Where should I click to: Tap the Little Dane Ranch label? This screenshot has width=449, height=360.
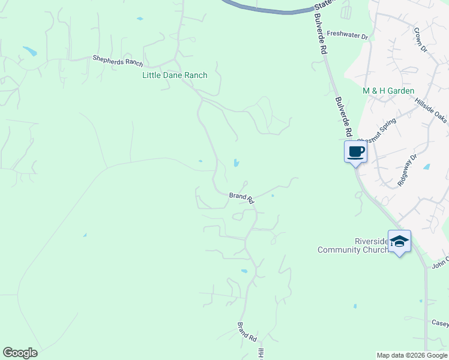point(175,75)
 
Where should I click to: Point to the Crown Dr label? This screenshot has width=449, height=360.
point(420,39)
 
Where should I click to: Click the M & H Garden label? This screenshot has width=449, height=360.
point(388,91)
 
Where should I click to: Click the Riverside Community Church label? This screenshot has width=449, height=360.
point(352,245)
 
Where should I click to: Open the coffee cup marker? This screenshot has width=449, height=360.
point(355,152)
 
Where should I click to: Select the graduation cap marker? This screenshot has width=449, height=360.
point(399,242)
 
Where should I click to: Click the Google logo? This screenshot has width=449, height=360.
point(20,352)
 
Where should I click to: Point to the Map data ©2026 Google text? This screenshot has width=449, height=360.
point(412,355)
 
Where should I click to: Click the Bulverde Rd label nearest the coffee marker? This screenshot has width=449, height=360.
point(343,118)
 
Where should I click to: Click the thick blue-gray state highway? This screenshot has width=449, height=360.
point(270,8)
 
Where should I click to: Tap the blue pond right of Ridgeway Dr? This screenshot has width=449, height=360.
point(426,167)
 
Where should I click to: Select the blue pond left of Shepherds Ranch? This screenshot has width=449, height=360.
point(29,51)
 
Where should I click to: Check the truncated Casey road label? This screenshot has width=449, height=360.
point(440,323)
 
